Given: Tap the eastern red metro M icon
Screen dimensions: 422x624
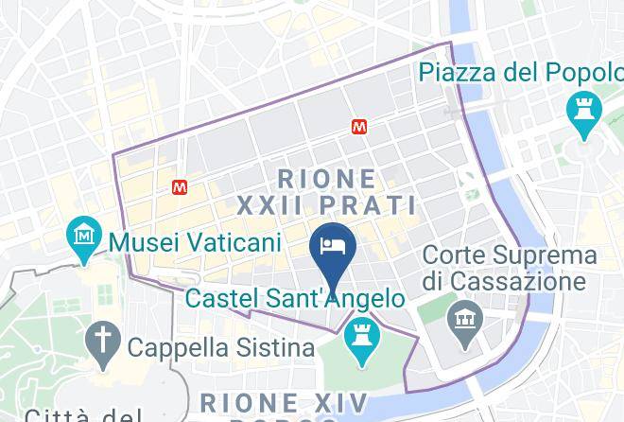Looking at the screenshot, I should [358, 126].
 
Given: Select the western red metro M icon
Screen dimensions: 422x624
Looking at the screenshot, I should [180, 187].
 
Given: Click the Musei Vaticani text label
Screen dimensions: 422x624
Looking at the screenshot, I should [196, 242].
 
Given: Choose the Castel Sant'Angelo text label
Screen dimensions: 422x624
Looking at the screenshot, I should [296, 299].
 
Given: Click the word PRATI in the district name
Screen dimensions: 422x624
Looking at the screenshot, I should [369, 205].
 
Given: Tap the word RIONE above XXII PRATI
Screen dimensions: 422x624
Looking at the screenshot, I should [327, 178].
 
